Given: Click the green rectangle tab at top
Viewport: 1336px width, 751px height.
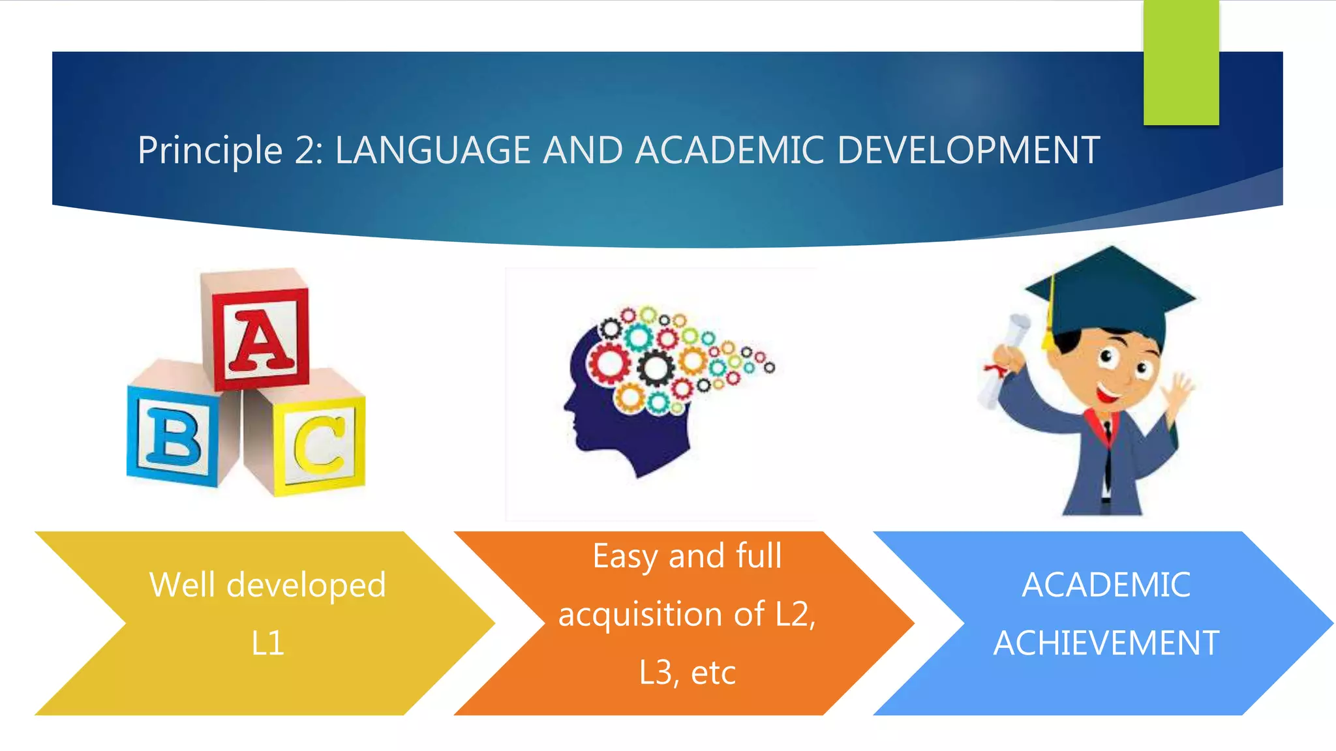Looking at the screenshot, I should pyautogui.click(x=1181, y=63).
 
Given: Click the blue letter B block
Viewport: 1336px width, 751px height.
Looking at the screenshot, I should pyautogui.click(x=172, y=435).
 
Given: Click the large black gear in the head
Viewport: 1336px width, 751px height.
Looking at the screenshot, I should pyautogui.click(x=656, y=368).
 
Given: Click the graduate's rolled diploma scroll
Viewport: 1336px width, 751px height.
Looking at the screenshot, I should pyautogui.click(x=1005, y=359).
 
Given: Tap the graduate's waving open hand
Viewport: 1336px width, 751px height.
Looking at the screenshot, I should pyautogui.click(x=1180, y=391).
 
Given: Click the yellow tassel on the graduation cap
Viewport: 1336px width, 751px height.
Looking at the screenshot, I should pyautogui.click(x=1049, y=326).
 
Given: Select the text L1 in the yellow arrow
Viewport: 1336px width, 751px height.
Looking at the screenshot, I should pyautogui.click(x=267, y=643).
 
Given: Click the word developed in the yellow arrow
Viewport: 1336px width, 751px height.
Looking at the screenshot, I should pyautogui.click(x=306, y=585).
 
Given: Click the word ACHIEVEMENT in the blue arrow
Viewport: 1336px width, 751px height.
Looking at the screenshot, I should pyautogui.click(x=1106, y=643).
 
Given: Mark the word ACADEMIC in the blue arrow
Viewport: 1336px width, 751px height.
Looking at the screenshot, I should pyautogui.click(x=1106, y=585).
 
